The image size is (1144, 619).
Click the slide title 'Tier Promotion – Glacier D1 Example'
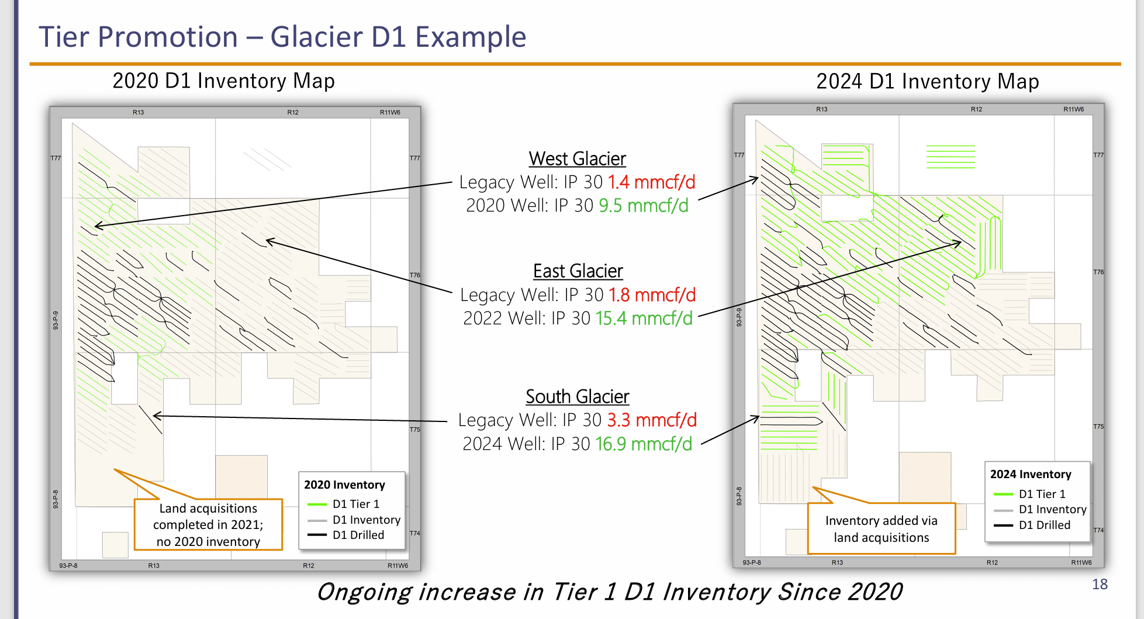282,37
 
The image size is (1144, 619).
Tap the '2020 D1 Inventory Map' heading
223,81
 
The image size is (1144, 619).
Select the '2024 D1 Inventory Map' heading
927,81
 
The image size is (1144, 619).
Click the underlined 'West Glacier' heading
577,158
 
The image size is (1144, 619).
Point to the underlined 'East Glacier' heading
578,271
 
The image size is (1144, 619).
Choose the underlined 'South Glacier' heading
577,396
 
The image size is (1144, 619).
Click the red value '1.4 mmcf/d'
651,182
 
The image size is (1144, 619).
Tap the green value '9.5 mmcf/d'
643,206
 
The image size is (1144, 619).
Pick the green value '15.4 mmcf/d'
644,319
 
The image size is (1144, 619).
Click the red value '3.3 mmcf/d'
652,420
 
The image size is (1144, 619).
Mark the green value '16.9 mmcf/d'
644,444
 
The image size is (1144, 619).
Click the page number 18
1100,584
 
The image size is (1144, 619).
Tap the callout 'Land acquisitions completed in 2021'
208,525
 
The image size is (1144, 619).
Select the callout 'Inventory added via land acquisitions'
881,529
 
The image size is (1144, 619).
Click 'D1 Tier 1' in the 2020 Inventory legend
355,504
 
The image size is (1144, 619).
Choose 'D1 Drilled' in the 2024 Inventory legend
1044,525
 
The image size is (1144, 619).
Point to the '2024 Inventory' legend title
1031,474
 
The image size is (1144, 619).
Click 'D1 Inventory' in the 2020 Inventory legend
366,520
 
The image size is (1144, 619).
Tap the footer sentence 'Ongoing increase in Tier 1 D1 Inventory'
609,592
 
